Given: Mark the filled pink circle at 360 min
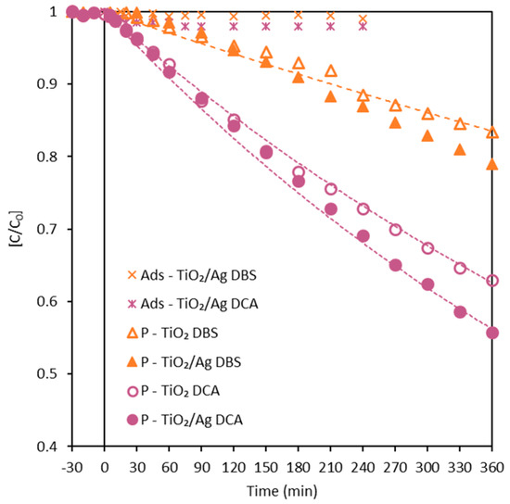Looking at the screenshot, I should tap(492, 333).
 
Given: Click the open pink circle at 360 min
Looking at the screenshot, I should tap(492, 280).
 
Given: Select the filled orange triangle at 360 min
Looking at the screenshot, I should tap(492, 165).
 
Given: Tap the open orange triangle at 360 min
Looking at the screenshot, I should tap(492, 132).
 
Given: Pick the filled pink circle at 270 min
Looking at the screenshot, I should tap(395, 265).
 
